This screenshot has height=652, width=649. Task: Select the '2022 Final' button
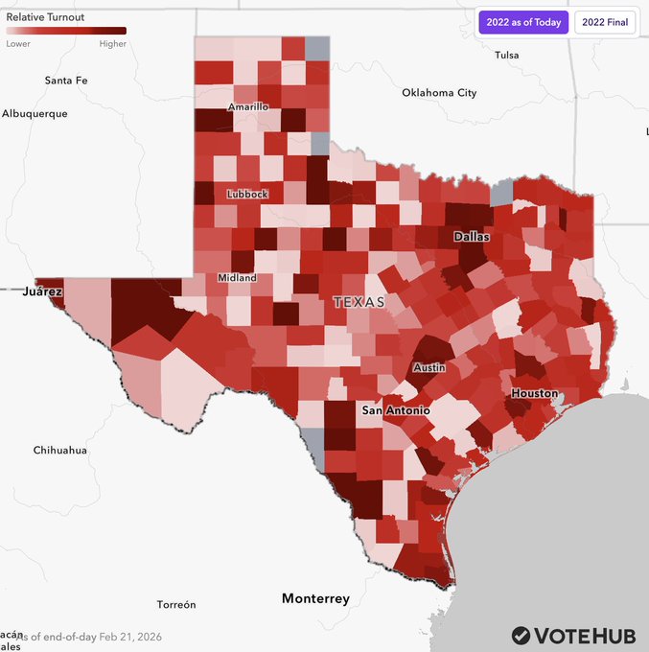(x=605, y=22)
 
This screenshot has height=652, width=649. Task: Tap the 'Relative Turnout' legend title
(x=45, y=17)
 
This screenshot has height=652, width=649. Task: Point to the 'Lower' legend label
(x=18, y=43)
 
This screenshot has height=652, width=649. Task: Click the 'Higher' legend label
(x=112, y=43)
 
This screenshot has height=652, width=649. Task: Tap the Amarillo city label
(x=248, y=107)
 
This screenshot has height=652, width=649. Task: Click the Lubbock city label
(x=247, y=195)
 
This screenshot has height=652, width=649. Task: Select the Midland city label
(x=237, y=278)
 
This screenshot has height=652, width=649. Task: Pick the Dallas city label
(x=472, y=236)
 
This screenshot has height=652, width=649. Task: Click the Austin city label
(x=429, y=368)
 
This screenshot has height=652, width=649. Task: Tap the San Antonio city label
(x=395, y=410)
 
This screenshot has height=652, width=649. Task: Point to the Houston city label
(x=534, y=394)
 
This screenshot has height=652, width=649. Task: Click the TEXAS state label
(x=359, y=302)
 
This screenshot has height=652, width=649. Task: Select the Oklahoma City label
(x=439, y=93)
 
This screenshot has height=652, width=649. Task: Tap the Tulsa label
(x=506, y=56)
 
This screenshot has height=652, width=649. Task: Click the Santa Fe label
(x=66, y=81)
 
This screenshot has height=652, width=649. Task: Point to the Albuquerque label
(x=35, y=113)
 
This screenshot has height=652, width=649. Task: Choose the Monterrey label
(x=315, y=599)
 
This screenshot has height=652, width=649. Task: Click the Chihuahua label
(x=59, y=451)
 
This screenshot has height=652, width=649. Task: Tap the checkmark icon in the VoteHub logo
(x=521, y=635)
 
